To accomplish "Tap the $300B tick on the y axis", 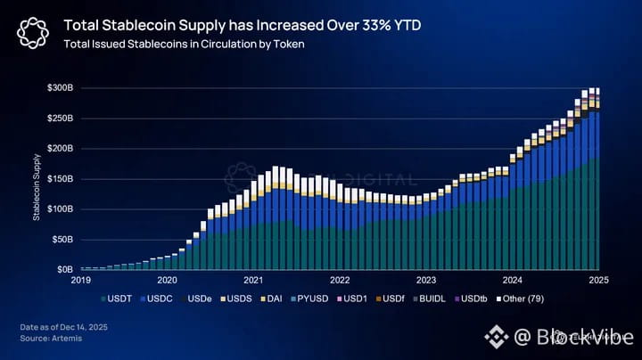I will click(x=61, y=88).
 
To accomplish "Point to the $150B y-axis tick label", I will click(x=61, y=179).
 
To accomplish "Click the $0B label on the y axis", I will click(x=64, y=269).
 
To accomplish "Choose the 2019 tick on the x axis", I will click(x=82, y=280).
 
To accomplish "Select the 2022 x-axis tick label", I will click(x=339, y=280).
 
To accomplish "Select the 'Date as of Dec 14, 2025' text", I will click(x=63, y=328).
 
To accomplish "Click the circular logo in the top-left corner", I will click(x=31, y=34).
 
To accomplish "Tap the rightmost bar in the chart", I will click(x=596, y=178).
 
